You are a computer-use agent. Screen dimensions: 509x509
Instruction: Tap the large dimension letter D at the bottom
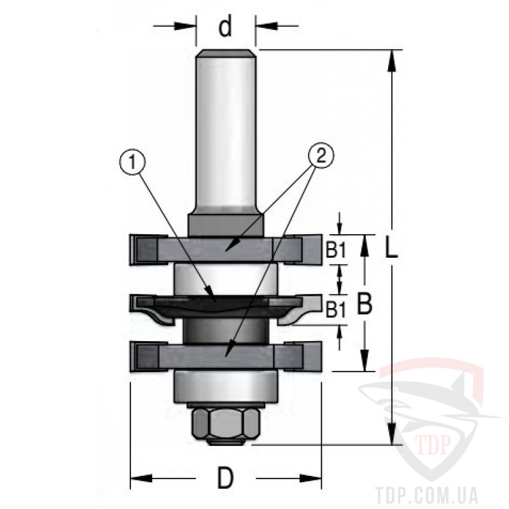coord(225,478)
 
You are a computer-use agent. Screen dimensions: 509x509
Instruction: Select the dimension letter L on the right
coord(391,248)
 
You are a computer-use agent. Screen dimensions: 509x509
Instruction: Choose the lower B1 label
coord(336,310)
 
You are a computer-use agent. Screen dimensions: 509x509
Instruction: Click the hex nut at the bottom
coord(226,423)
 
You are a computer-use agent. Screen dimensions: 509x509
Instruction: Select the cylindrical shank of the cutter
coord(225,130)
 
